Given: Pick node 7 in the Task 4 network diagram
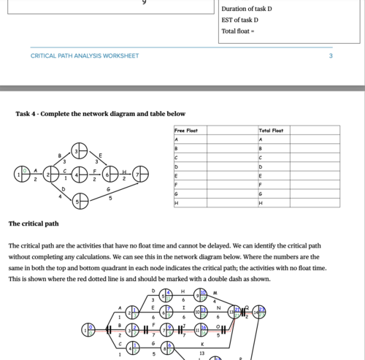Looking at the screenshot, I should click(x=139, y=175).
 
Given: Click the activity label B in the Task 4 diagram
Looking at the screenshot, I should click(x=60, y=156).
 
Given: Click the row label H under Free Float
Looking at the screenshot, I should click(x=177, y=202).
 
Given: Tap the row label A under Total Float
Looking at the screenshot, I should click(x=260, y=139).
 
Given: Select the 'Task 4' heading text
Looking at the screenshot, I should click(x=100, y=114).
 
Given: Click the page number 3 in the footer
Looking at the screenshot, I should click(x=331, y=55).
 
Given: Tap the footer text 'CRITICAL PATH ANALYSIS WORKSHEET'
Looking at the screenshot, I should click(x=85, y=55).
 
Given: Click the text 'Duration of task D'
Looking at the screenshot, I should click(x=247, y=9).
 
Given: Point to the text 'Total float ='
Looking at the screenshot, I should click(x=237, y=31).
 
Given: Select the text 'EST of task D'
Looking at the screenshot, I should click(x=239, y=20).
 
